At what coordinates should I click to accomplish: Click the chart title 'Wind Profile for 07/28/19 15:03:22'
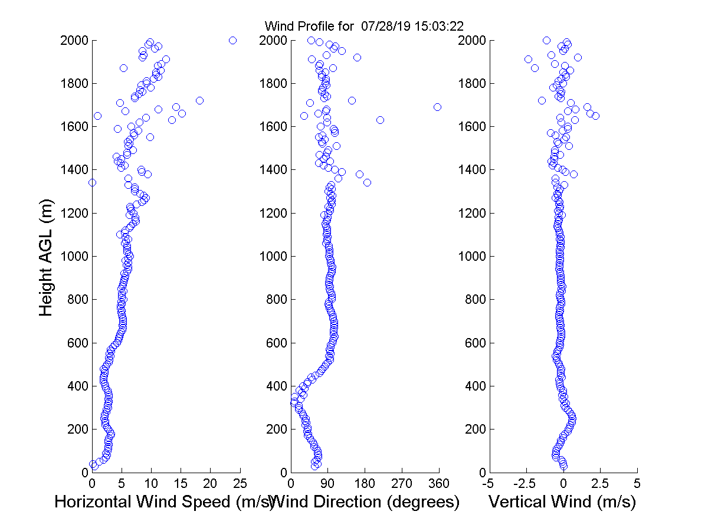[365, 26]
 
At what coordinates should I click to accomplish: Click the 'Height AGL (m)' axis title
[47, 257]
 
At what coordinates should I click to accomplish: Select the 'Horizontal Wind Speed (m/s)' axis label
[164, 502]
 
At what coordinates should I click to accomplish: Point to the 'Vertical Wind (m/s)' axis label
[562, 502]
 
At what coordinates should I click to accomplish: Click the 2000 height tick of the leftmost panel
[74, 40]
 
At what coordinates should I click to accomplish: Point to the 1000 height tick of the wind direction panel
[273, 256]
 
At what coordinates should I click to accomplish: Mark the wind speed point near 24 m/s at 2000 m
[232, 40]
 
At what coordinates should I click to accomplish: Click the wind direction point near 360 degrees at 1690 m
[437, 107]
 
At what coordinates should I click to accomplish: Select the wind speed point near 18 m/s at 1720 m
[199, 100]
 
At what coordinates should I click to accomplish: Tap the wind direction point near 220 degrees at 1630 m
[380, 120]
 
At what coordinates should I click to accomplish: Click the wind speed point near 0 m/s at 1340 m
[92, 182]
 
